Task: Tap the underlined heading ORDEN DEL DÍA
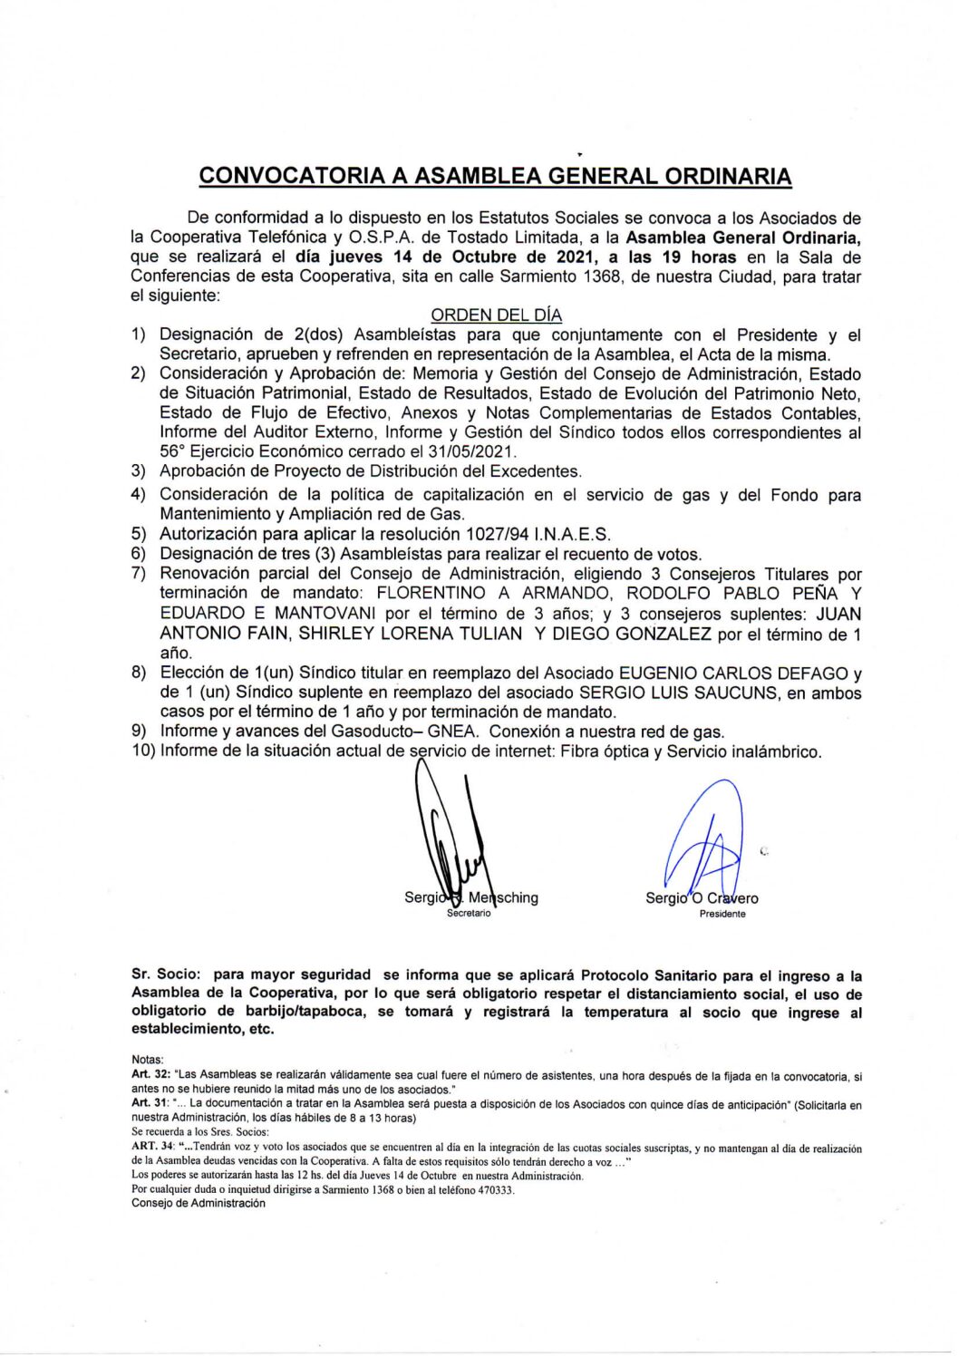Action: coord(496,315)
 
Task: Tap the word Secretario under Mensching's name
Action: coord(469,914)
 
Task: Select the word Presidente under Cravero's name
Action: coord(722,914)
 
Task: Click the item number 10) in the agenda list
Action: coord(143,751)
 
